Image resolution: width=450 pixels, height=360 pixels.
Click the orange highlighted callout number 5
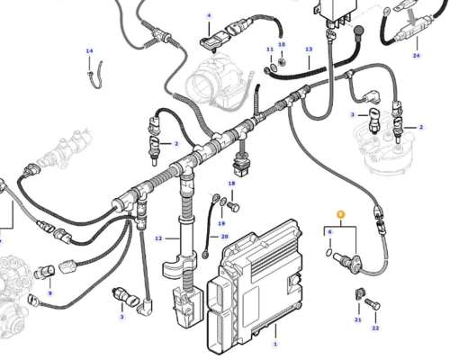point(340,214)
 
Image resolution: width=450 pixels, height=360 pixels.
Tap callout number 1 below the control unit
point(275,344)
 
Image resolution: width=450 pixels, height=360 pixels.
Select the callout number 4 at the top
point(208,16)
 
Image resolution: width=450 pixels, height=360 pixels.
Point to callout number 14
point(89,51)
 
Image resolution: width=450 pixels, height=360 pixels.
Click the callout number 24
point(416,56)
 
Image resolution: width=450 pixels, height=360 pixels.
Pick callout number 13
point(309,49)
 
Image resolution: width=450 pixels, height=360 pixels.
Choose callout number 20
point(225,237)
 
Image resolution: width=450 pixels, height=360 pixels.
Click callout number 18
point(231,184)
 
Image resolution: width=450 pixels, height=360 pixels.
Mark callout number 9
point(49,293)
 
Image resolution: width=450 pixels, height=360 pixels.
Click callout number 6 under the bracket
point(329,232)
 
